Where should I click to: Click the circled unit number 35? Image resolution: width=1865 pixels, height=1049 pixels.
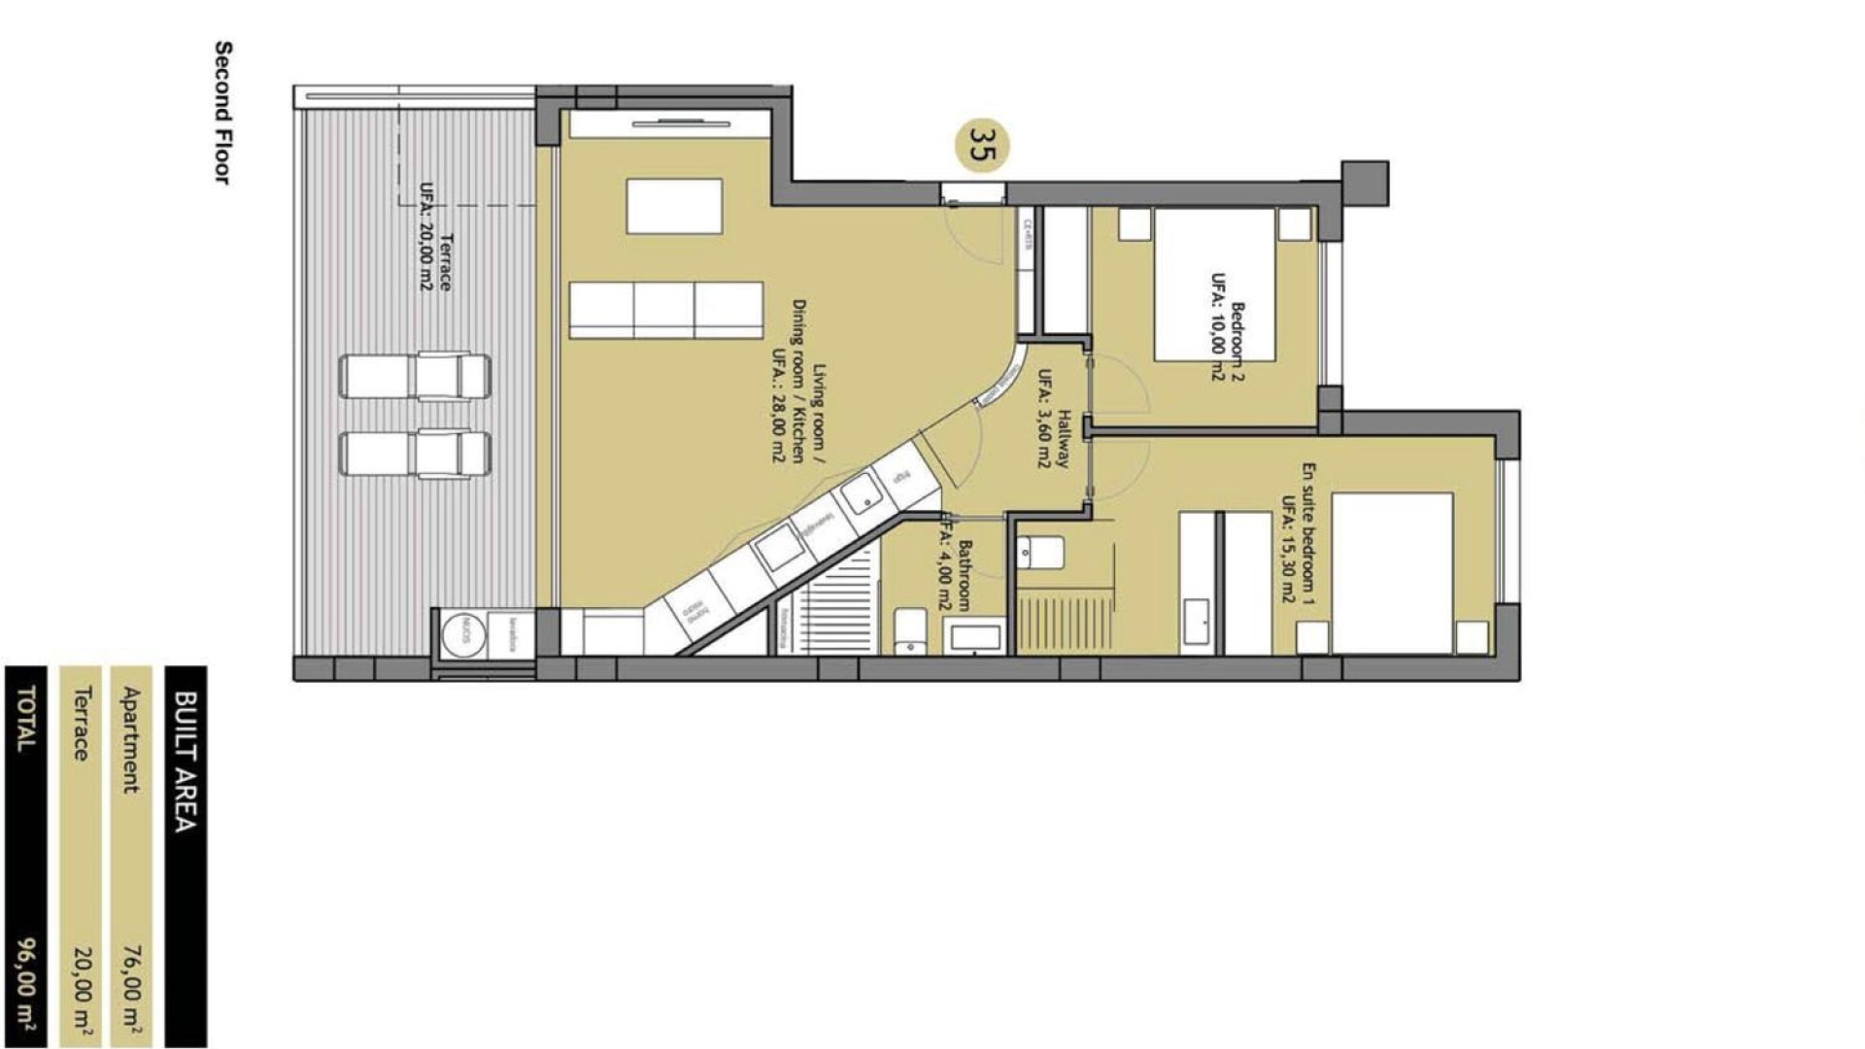tap(982, 145)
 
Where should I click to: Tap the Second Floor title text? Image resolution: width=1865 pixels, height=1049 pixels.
tap(222, 112)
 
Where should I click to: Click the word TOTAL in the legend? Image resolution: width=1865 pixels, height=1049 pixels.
tap(26, 718)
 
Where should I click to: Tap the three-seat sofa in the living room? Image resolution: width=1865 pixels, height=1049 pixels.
tap(665, 310)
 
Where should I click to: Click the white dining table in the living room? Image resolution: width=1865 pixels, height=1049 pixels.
tap(674, 206)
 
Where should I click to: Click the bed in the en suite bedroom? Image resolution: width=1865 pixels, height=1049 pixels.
tap(1392, 573)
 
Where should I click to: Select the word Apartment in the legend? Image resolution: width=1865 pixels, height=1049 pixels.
tap(133, 740)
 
